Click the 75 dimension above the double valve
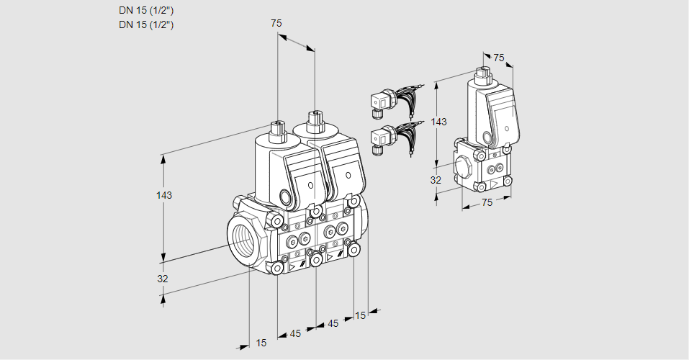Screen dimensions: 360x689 click(x=276, y=24)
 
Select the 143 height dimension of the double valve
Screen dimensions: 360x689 click(x=165, y=196)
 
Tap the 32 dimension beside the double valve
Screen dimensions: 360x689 click(x=163, y=279)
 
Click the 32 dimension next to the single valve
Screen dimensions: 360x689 click(x=436, y=180)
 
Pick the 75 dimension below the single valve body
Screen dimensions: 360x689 click(x=487, y=203)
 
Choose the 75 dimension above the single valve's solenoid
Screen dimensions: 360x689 click(x=499, y=58)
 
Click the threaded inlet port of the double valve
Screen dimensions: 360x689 click(x=241, y=238)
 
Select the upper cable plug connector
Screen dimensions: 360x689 click(x=379, y=103)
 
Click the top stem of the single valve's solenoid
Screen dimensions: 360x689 click(x=482, y=73)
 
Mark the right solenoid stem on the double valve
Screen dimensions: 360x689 click(x=314, y=119)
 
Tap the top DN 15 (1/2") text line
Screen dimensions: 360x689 click(x=147, y=11)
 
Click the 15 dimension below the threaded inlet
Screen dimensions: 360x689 click(x=261, y=343)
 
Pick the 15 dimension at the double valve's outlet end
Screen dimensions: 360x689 click(x=360, y=315)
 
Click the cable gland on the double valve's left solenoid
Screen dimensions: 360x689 click(x=286, y=198)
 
